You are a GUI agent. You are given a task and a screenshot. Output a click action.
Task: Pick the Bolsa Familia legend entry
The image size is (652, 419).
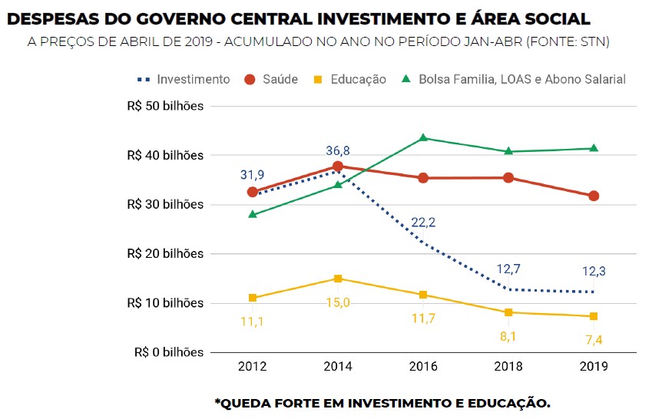(x=515, y=79)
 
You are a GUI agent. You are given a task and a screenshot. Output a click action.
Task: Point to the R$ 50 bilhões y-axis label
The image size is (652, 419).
(x=166, y=106)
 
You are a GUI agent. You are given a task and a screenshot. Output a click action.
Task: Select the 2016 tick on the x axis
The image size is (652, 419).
(x=422, y=367)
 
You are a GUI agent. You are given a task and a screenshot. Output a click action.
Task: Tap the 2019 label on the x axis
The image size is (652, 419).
(x=594, y=367)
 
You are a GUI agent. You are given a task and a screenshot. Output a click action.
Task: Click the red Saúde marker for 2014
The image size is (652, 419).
(x=337, y=167)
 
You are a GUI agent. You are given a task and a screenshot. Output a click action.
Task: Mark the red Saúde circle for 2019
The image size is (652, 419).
(x=594, y=196)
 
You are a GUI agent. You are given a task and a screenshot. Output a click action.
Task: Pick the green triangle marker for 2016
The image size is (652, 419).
(x=422, y=138)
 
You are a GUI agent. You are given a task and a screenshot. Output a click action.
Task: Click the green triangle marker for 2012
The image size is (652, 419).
(x=252, y=215)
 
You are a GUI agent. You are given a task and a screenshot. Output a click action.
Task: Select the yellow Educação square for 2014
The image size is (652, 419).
(x=337, y=279)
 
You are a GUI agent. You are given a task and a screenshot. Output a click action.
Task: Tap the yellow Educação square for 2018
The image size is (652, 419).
(x=508, y=312)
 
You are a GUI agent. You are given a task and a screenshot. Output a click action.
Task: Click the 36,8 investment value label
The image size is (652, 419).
(x=338, y=150)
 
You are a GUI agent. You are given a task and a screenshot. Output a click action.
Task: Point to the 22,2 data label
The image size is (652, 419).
(x=423, y=223)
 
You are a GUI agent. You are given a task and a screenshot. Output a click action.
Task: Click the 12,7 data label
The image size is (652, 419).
(x=508, y=269)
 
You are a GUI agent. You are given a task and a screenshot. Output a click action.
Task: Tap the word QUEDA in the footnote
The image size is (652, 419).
(x=245, y=402)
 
